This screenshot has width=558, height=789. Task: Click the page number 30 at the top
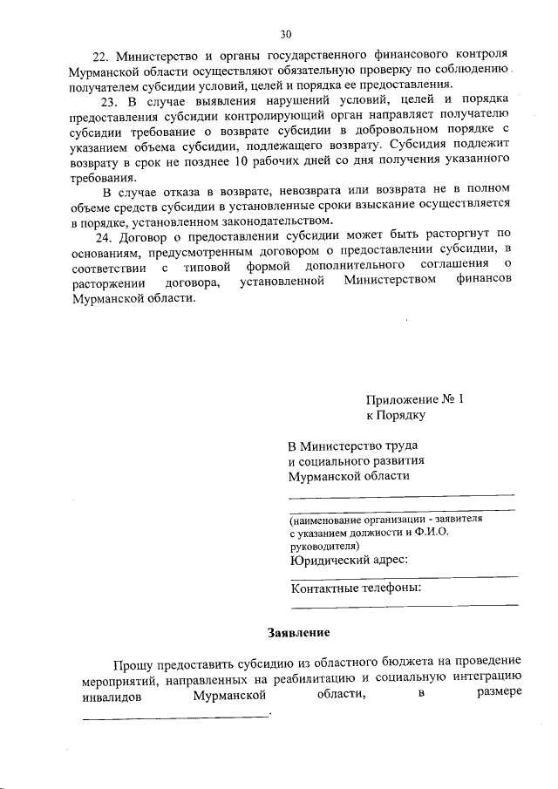pos(285,35)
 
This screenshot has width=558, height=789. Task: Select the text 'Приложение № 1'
pos(415,399)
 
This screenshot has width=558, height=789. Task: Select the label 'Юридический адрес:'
pos(349,560)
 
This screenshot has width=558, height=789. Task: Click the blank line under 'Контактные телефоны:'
pos(405,604)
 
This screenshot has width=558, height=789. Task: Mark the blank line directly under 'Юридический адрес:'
pos(405,576)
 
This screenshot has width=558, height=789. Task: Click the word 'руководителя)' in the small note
pos(323,544)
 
